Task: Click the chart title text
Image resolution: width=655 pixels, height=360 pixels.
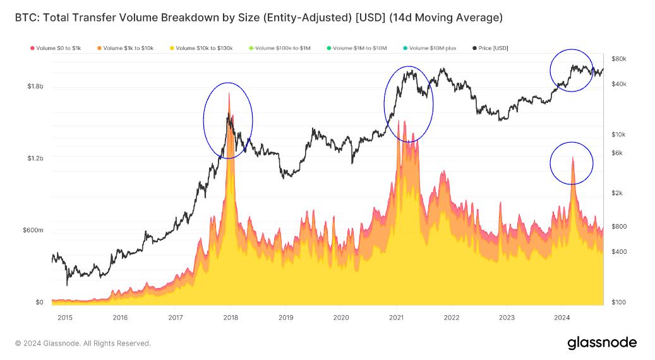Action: pyautogui.click(x=258, y=18)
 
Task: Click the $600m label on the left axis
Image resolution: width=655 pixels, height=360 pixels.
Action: pyautogui.click(x=33, y=231)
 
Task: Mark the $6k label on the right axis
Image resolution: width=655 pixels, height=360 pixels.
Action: pyautogui.click(x=616, y=153)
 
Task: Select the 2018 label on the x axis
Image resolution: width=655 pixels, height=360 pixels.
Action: pyautogui.click(x=231, y=318)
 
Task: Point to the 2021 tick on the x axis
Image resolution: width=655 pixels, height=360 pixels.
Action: pyautogui.click(x=396, y=318)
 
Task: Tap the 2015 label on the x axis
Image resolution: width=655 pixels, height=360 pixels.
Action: pyautogui.click(x=65, y=318)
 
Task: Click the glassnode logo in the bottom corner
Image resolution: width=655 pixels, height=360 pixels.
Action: pyautogui.click(x=601, y=343)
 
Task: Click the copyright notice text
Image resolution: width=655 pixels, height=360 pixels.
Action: pyautogui.click(x=83, y=344)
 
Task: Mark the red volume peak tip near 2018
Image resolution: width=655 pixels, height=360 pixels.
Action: pyautogui.click(x=229, y=94)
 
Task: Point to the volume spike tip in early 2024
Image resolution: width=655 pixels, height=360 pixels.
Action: pyautogui.click(x=572, y=158)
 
